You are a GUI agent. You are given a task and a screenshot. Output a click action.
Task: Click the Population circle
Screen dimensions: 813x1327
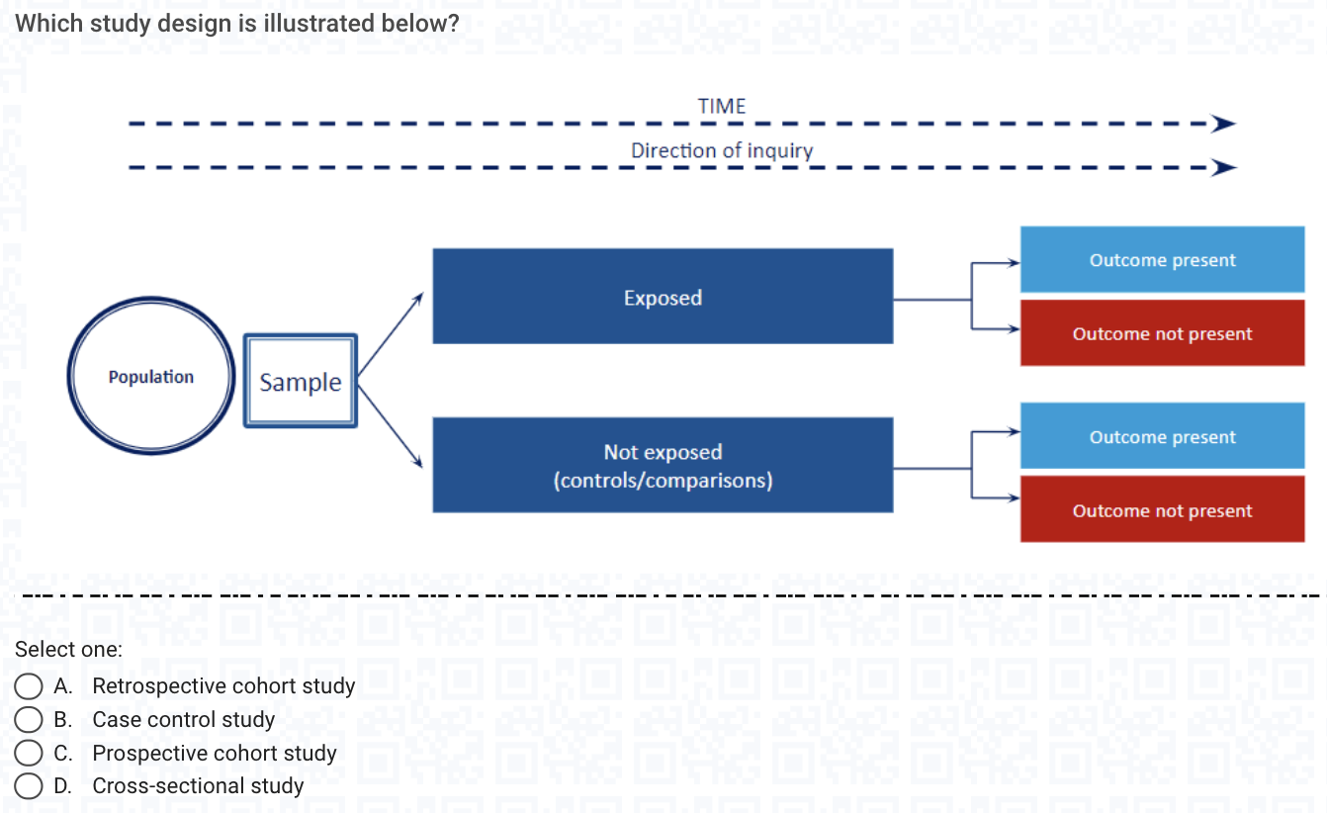(150, 377)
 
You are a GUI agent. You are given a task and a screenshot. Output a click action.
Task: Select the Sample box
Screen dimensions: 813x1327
(300, 382)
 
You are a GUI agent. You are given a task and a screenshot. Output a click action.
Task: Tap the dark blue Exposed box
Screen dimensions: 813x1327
(663, 297)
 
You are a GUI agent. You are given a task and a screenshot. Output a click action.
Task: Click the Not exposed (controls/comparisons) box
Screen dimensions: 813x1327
(663, 465)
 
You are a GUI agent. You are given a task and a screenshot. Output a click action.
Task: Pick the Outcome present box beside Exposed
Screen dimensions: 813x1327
(1162, 260)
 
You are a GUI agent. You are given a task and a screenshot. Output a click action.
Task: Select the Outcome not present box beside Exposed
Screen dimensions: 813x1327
(1162, 333)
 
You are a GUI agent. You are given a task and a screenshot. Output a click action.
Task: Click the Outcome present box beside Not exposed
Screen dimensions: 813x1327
(1162, 436)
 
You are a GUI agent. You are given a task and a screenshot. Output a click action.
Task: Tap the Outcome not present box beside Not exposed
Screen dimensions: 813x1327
(1162, 509)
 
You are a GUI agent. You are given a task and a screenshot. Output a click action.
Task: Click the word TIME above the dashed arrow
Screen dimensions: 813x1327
(722, 106)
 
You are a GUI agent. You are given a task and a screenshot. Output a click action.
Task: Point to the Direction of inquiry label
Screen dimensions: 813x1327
(722, 150)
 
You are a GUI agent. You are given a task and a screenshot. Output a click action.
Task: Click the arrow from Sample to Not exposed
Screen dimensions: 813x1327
(391, 422)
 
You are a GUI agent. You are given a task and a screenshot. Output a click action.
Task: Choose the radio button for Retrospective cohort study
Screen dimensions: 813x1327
(28, 686)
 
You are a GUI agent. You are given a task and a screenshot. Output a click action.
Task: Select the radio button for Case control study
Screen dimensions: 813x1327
(28, 719)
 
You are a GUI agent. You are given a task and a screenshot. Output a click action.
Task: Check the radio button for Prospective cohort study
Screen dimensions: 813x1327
(28, 753)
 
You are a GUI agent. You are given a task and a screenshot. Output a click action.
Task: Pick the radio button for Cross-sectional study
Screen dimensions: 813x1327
(28, 786)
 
